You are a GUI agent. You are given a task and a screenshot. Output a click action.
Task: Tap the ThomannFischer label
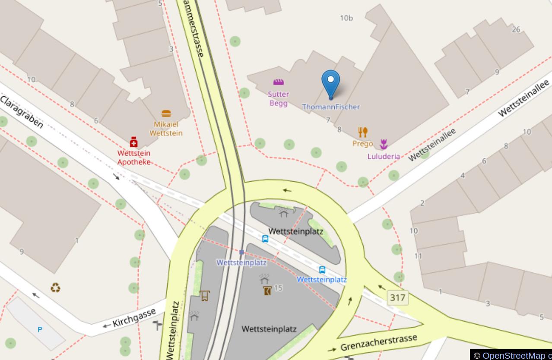point(331,107)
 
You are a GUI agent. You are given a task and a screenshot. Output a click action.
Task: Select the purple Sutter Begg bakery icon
point(279,82)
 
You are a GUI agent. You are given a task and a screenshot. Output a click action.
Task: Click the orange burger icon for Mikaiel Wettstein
point(166,114)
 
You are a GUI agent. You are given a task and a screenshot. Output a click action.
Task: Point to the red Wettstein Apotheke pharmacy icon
point(134,142)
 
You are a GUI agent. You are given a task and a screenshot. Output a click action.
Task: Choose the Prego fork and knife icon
point(363,132)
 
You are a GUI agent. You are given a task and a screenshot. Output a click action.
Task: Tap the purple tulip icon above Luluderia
point(384,144)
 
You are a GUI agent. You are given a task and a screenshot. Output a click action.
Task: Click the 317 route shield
point(397,297)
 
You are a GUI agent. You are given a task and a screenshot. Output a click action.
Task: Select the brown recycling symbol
point(55,287)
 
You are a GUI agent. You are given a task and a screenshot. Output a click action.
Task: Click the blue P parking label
point(40,330)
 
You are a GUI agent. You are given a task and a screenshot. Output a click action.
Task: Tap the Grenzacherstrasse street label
point(379,343)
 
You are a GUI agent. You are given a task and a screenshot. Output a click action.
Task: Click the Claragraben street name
point(22,112)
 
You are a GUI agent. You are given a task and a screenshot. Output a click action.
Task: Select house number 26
point(516,29)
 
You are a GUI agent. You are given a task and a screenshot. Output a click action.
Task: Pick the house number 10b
point(346,18)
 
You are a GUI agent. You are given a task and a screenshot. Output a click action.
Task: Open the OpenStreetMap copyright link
point(514,356)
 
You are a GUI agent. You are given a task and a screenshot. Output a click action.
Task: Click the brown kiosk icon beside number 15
point(267,291)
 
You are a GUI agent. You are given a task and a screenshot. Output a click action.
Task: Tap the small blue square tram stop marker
point(242,252)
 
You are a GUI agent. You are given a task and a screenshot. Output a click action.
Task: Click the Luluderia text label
point(384,156)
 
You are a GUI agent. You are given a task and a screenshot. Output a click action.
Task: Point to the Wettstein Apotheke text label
point(134,158)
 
